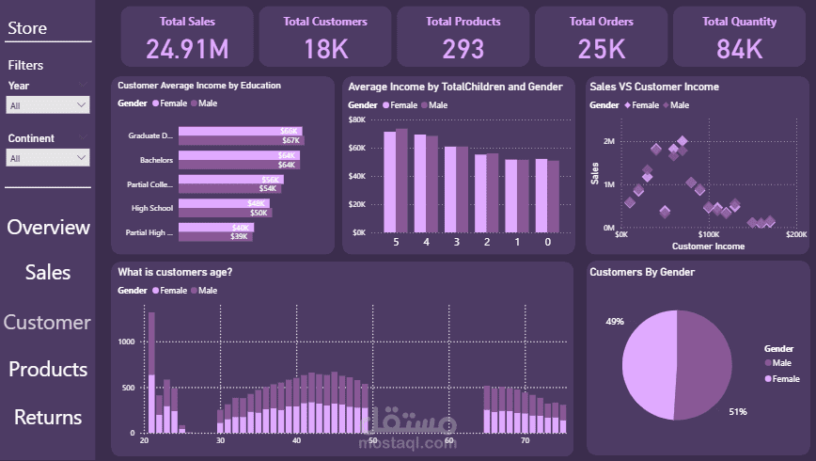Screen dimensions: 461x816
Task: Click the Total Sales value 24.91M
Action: [x=187, y=48]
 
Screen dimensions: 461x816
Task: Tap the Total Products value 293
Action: [x=463, y=48]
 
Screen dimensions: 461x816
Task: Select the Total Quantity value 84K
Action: [x=739, y=48]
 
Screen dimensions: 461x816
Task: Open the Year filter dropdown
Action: [x=48, y=105]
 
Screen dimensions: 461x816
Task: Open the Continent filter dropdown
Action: [x=48, y=158]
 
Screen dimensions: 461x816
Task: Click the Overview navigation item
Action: [x=48, y=227]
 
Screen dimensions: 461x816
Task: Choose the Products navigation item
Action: [x=48, y=369]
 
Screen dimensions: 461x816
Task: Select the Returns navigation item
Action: [x=48, y=417]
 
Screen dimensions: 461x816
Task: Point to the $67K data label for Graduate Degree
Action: [x=290, y=141]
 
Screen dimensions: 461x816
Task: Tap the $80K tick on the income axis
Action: [x=357, y=119]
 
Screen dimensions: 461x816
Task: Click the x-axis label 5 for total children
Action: [x=396, y=242]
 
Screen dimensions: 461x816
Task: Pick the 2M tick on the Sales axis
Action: [x=608, y=141]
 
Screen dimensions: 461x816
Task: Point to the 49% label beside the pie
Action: [x=615, y=322]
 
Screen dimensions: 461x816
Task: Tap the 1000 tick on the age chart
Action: [x=126, y=342]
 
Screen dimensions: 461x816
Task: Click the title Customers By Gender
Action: [x=642, y=272]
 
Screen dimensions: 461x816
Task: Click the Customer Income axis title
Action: [x=708, y=246]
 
